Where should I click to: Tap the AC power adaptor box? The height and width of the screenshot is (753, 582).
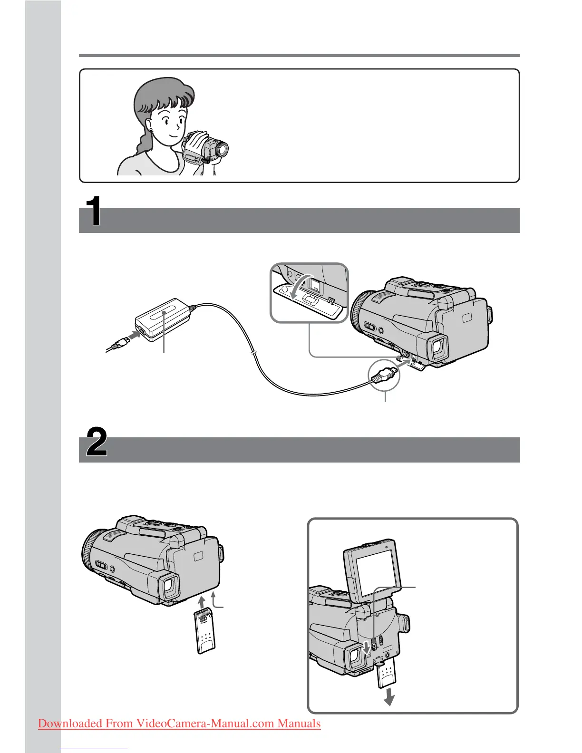point(163,319)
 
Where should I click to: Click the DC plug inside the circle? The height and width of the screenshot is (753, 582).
point(383,374)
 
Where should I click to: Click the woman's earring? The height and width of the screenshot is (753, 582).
point(151,130)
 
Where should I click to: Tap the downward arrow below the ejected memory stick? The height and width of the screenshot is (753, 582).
point(389,696)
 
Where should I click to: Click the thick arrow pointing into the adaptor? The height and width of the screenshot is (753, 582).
point(134,336)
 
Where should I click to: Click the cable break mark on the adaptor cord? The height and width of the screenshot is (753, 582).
point(254,353)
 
